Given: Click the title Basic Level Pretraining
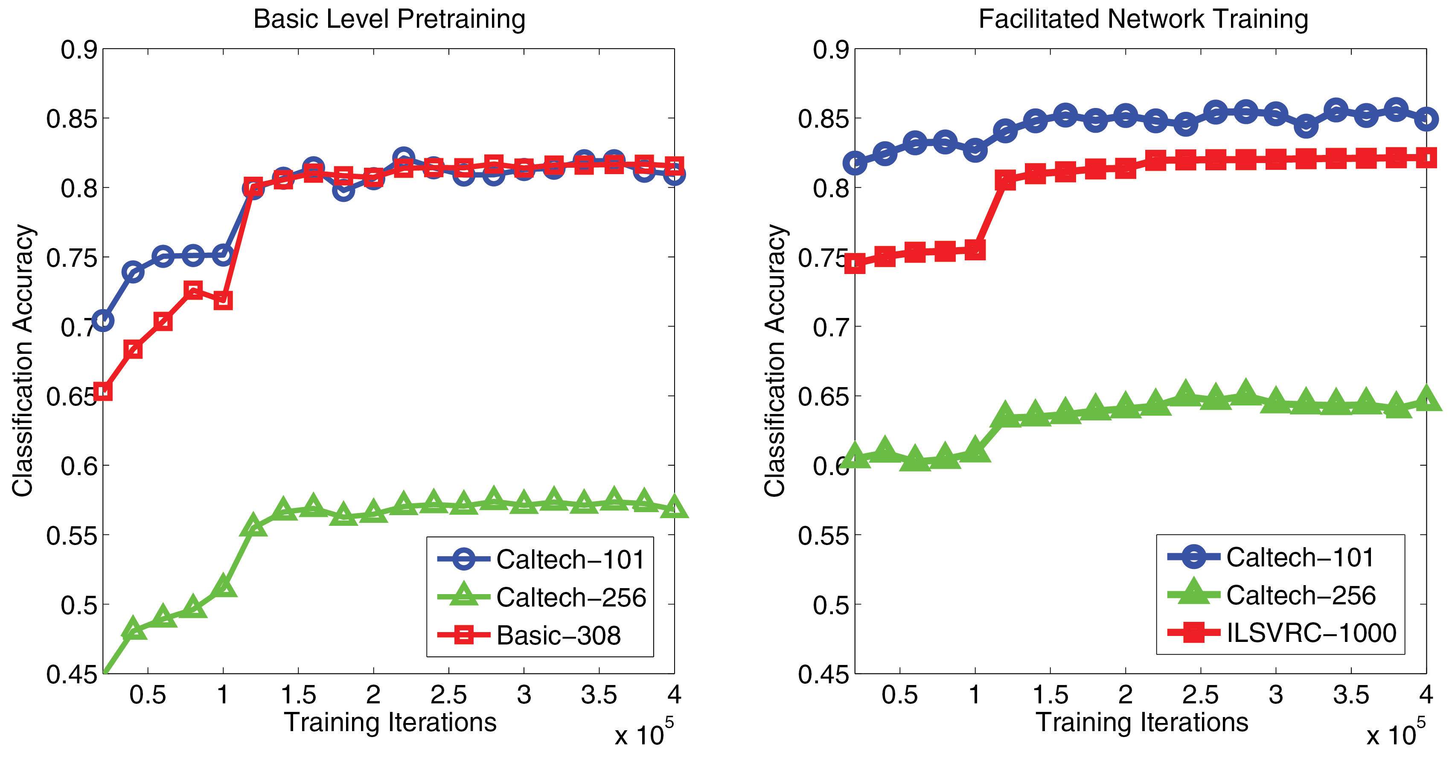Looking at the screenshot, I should click(389, 19).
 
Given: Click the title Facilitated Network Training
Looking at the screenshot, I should click(1143, 19).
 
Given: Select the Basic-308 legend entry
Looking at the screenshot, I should click(558, 636).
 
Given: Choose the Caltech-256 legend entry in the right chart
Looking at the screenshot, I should click(1301, 595).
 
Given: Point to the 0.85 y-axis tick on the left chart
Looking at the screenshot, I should click(72, 119).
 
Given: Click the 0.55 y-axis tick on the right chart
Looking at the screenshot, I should click(823, 535).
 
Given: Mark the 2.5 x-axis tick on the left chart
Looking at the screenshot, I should click(449, 695).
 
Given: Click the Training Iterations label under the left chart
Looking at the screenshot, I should click(390, 723).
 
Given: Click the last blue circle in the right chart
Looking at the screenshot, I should click(1426, 119).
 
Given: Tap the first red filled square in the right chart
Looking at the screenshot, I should click(855, 263).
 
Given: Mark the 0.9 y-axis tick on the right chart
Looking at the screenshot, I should click(830, 50).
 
